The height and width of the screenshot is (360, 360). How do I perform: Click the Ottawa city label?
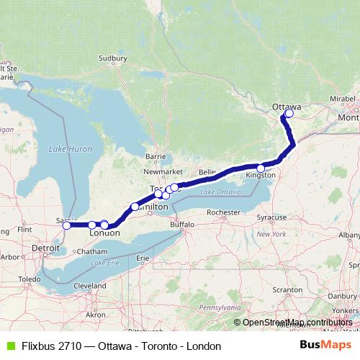(x=287, y=107)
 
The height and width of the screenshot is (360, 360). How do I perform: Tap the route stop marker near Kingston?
(x=261, y=168)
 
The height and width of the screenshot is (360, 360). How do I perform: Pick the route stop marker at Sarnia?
(x=66, y=225)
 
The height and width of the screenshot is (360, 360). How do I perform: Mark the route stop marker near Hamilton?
(x=135, y=207)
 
